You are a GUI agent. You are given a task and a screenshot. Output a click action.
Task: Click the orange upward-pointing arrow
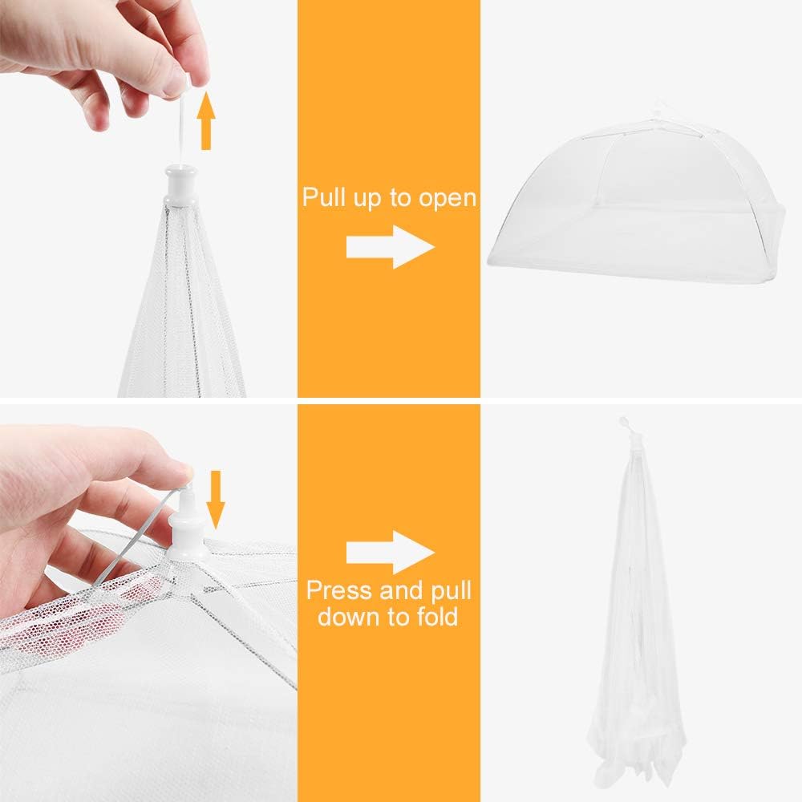point(206,120)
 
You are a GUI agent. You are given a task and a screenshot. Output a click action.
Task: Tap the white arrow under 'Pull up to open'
point(390,246)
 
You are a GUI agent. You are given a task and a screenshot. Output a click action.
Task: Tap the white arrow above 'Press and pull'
point(390,551)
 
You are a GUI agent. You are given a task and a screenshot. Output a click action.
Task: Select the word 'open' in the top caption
point(445,198)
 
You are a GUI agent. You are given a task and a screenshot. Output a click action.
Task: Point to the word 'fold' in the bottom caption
point(431,617)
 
